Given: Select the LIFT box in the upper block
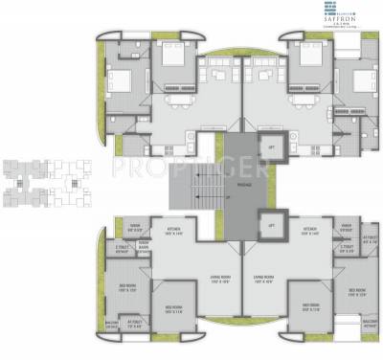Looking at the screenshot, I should [271, 146].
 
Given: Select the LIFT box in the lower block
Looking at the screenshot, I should [271, 225].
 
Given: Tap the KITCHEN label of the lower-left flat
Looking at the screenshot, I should [174, 232].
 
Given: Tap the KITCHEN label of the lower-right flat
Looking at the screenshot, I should [310, 232].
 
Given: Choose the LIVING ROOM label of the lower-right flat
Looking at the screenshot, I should [265, 281].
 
